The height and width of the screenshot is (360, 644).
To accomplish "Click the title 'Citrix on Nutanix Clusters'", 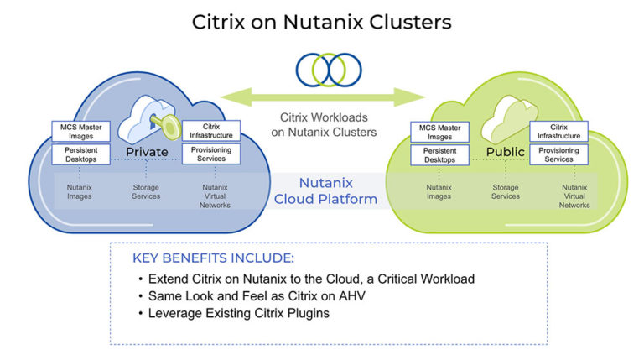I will [x=322, y=21].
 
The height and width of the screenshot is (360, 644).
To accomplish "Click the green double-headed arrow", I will [x=323, y=95].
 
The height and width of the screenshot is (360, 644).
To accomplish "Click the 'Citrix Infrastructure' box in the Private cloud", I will [x=211, y=131].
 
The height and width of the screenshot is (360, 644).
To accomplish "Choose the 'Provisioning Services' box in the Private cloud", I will [x=211, y=154].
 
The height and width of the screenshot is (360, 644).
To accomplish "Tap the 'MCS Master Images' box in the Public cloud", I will [x=439, y=132].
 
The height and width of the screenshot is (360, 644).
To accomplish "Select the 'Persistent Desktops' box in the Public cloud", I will [x=439, y=154].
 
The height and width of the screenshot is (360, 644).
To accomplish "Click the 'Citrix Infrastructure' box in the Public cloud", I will [x=558, y=131].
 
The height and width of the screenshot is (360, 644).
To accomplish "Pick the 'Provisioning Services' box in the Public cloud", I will [x=558, y=154].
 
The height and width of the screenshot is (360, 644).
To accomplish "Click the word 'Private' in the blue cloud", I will [x=148, y=152].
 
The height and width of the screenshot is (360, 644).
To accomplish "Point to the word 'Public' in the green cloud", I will [x=505, y=152].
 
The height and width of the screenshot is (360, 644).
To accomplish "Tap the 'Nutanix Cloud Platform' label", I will [x=325, y=190].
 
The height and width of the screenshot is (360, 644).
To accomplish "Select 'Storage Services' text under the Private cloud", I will [x=146, y=192].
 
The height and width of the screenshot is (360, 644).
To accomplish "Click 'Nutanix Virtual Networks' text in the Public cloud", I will [x=574, y=196].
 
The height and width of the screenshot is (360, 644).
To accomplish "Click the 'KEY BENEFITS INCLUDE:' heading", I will [x=213, y=258].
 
